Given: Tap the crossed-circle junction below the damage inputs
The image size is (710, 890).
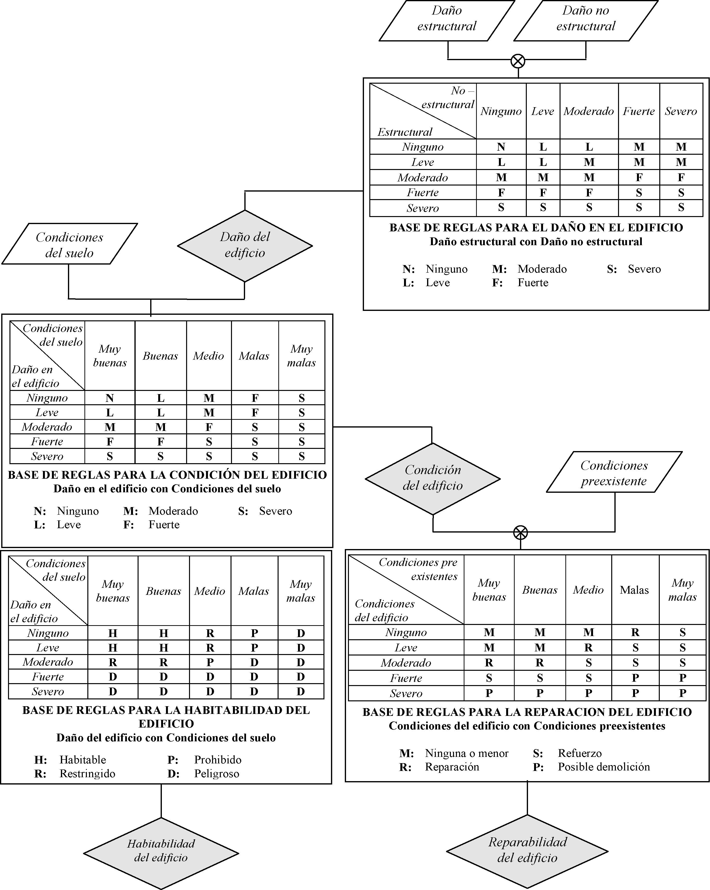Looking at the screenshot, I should tap(518, 61).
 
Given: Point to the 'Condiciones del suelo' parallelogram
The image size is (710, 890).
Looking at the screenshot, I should tap(69, 244).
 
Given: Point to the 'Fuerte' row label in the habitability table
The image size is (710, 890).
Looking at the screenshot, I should tap(48, 677).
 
